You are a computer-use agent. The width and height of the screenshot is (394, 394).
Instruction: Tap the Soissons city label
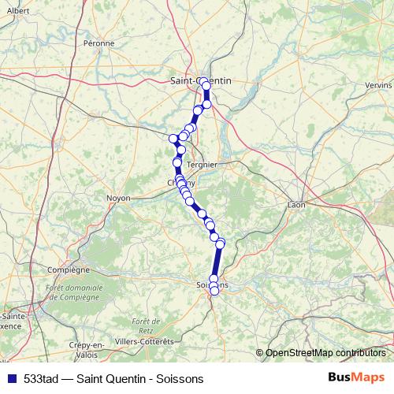[x=212, y=284]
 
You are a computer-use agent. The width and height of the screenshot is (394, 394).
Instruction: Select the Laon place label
[x=296, y=205]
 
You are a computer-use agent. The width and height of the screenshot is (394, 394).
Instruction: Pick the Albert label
[x=18, y=11]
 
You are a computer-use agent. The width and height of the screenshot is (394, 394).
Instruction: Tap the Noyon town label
[x=118, y=198]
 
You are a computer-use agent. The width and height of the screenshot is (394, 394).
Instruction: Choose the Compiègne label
[x=69, y=269]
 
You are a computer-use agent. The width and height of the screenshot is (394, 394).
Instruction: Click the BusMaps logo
[x=357, y=377]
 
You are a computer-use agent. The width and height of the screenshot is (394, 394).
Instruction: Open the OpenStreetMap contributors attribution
[x=326, y=353]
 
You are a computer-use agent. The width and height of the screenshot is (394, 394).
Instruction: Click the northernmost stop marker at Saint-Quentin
[x=203, y=81]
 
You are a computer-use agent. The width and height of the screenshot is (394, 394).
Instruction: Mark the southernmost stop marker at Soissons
[x=214, y=291]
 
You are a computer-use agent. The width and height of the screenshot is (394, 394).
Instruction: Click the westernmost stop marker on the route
[x=173, y=139]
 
